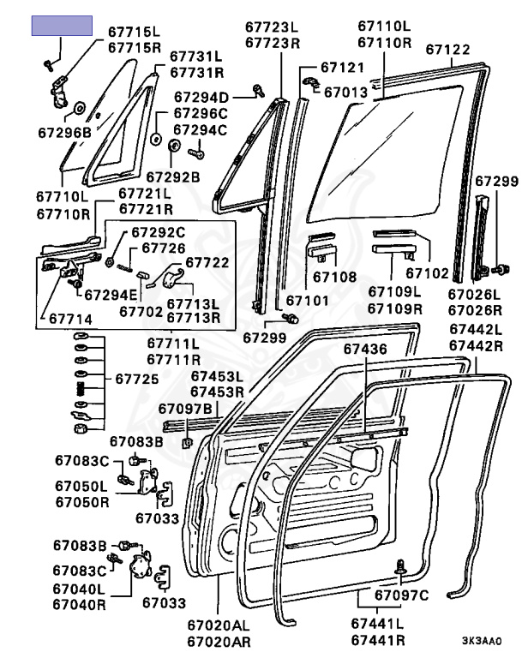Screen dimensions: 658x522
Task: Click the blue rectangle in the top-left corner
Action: [62, 26]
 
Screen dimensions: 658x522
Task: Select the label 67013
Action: [346, 91]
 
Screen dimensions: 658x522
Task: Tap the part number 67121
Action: [343, 67]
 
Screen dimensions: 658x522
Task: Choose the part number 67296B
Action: [64, 132]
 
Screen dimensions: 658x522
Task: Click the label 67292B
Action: [172, 176]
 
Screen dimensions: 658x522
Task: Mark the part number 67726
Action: [164, 248]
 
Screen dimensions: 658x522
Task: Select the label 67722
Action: [207, 262]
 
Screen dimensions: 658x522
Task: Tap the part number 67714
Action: [70, 319]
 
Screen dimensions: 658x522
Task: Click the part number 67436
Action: [367, 349]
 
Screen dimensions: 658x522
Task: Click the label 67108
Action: [334, 277]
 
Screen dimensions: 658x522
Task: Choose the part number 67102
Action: [427, 274]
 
